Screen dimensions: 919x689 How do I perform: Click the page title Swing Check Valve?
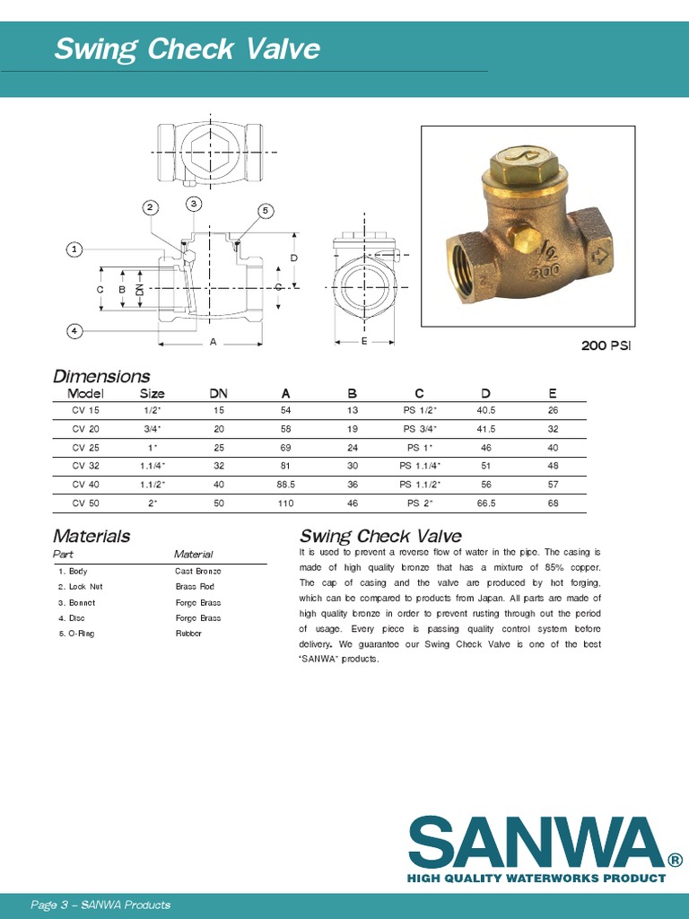pos(187,48)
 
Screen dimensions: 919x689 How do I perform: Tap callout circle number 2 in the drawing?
pos(151,207)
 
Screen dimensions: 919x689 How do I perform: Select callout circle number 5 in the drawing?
pos(265,210)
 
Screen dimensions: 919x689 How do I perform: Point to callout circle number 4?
pos(75,331)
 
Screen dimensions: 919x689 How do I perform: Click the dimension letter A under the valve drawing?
pos(213,342)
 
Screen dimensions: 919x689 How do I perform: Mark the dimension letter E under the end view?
pos(364,342)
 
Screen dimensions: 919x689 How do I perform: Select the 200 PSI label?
pos(606,346)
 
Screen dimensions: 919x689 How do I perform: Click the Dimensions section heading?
pos(101,376)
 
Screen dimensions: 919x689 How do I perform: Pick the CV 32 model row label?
pos(86,466)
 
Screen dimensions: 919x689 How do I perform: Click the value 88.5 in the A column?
pos(285,485)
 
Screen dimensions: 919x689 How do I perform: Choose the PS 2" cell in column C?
pos(420,503)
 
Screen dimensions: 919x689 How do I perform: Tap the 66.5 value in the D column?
pos(486,503)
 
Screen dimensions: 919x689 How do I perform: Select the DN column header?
pos(218,393)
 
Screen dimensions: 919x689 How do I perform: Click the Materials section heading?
pos(92,536)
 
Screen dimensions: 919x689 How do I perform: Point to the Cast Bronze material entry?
pos(197,571)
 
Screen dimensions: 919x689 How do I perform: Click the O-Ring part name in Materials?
pos(76,634)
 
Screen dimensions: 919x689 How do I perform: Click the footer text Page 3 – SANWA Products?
pos(100,905)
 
